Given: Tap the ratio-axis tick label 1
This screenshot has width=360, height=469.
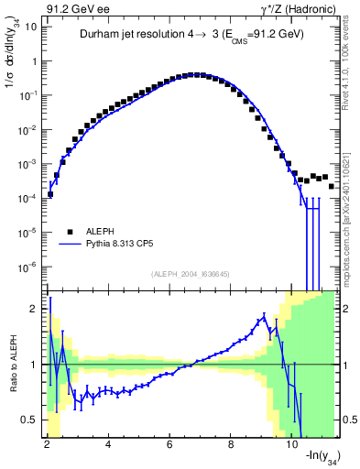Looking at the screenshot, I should click(34, 365).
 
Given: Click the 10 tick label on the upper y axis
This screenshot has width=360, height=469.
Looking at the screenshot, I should click(29, 27).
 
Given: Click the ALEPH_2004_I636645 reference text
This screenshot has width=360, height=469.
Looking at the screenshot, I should click(190, 275).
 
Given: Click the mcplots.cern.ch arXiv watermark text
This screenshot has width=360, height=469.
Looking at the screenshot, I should click(350, 211).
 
